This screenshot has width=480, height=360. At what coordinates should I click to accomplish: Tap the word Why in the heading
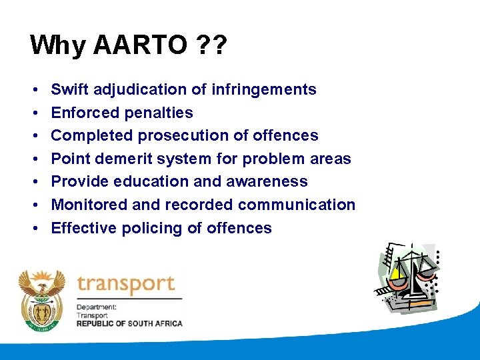[x=58, y=45]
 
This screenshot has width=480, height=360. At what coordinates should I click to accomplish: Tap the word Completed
[x=92, y=135]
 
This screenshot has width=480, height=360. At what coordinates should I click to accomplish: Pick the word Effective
[x=84, y=228]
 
